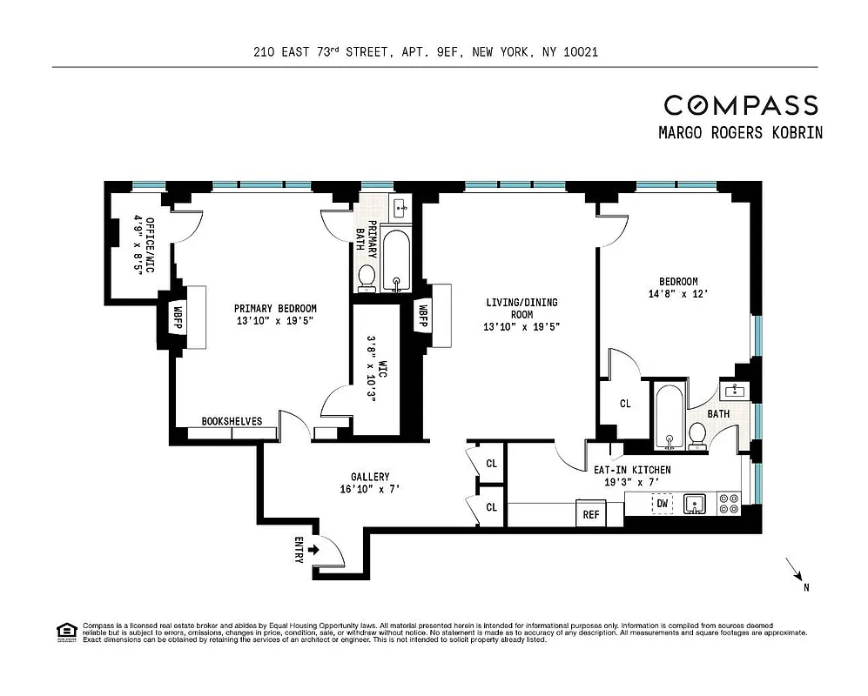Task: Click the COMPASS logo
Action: (741, 105)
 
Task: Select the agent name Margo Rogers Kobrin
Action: (741, 133)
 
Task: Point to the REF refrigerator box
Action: (591, 514)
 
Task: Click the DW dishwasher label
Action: (663, 503)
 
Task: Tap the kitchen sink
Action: (694, 504)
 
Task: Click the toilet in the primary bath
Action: (367, 277)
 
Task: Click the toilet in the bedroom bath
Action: (697, 434)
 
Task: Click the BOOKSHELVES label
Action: (232, 421)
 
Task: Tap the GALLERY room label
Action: (370, 477)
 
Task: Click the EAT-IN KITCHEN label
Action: (632, 470)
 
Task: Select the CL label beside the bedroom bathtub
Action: (625, 404)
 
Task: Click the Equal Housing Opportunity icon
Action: (65, 631)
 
